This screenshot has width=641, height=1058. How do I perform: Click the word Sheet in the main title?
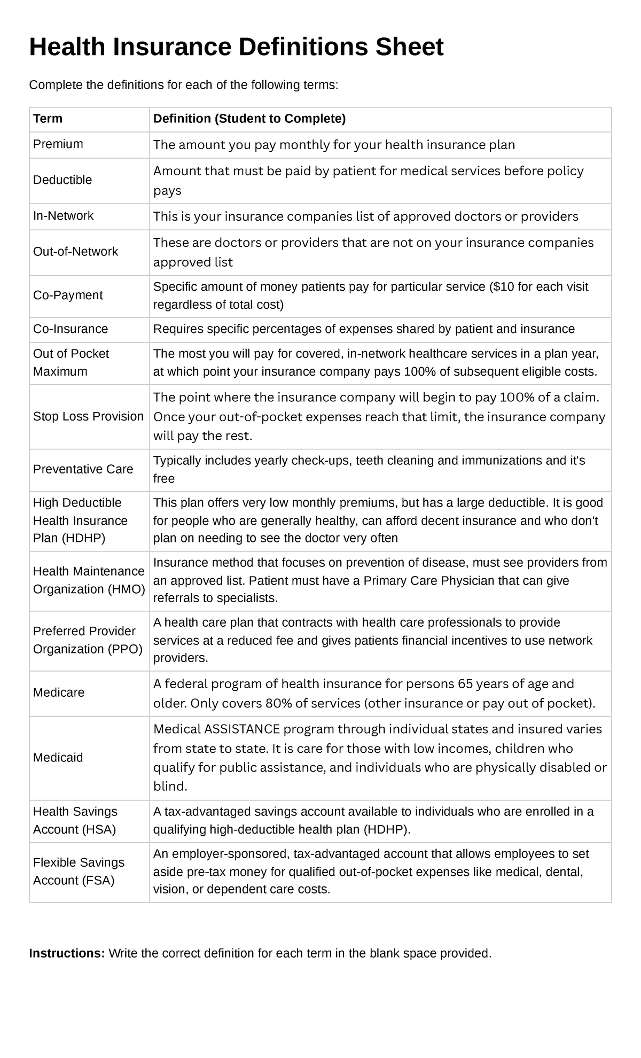click(x=408, y=47)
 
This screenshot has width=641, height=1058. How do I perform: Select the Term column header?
click(x=48, y=119)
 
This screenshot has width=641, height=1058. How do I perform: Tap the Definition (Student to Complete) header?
click(x=249, y=119)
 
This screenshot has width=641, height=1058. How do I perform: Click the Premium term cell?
click(x=58, y=144)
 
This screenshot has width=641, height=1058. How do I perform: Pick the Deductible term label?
click(x=62, y=180)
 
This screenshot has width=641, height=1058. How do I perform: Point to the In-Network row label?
click(x=63, y=216)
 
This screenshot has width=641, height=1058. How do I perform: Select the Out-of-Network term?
click(x=75, y=252)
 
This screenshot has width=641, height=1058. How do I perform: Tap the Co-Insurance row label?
click(x=70, y=329)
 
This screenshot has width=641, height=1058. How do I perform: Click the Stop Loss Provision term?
click(x=88, y=416)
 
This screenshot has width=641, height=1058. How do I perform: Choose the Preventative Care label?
click(x=83, y=469)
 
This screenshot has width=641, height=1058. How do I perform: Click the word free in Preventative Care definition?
click(x=163, y=479)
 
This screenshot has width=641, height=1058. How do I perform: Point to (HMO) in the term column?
click(x=126, y=589)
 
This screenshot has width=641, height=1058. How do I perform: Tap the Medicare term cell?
click(x=59, y=693)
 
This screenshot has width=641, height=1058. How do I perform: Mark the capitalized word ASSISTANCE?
click(x=242, y=729)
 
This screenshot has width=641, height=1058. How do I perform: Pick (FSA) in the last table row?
click(x=98, y=881)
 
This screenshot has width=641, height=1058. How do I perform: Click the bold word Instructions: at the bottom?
click(x=67, y=954)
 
